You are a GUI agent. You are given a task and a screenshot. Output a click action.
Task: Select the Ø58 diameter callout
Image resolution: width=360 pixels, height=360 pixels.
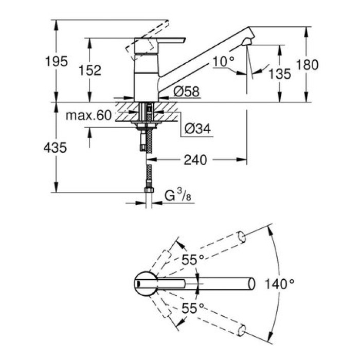click(x=183, y=92)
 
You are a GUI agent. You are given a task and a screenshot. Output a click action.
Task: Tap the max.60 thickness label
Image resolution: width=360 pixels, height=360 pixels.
click(x=88, y=116)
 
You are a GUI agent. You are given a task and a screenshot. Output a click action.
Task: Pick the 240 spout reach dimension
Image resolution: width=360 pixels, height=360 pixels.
click(x=196, y=160)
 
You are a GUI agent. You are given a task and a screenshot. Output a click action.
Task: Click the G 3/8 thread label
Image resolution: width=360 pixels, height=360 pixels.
click(x=177, y=196)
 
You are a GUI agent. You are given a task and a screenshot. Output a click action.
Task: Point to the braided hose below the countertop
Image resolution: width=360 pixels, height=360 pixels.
click(x=150, y=139)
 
